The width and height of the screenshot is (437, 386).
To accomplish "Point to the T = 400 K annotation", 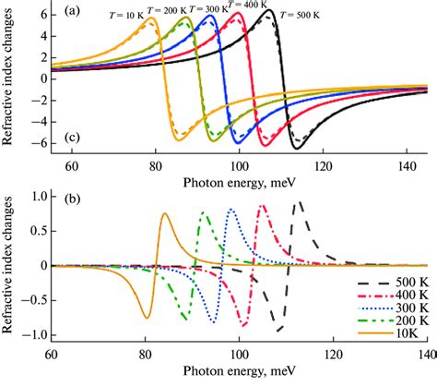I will click(x=248, y=5).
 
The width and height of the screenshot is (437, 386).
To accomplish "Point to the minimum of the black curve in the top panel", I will click(x=297, y=148).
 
